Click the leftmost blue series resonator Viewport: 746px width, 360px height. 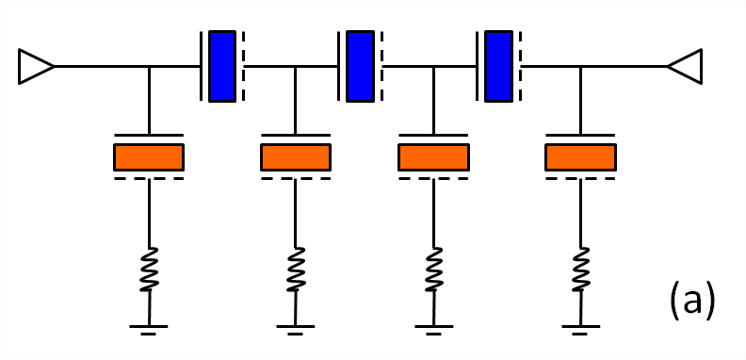[x=222, y=66]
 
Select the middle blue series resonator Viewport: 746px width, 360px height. [x=360, y=66]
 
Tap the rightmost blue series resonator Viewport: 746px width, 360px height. [x=498, y=66]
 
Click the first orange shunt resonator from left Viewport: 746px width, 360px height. [x=149, y=157]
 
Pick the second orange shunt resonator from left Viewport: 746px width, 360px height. [x=296, y=157]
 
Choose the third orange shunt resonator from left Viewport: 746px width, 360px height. [x=433, y=157]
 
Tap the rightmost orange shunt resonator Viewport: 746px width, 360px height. [x=580, y=157]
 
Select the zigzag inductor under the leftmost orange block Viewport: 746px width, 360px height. [x=149, y=269]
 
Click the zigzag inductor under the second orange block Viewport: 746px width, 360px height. [x=296, y=269]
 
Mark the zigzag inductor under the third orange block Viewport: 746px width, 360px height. [x=433, y=269]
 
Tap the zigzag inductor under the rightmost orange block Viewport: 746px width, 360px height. [x=580, y=269]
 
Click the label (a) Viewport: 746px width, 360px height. [x=692, y=301]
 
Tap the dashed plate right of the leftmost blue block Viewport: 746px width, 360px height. [x=243, y=66]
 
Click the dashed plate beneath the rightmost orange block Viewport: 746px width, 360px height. [x=580, y=178]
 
